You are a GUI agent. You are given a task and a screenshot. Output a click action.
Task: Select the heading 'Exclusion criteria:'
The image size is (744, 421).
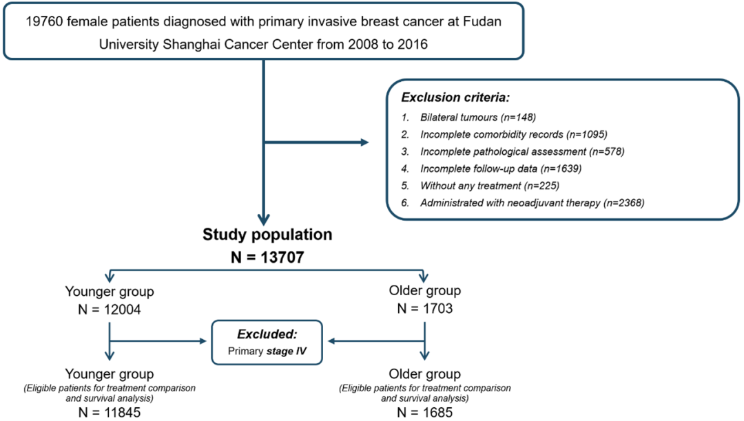coord(455,98)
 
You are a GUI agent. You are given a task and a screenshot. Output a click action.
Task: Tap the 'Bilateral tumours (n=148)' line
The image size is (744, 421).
coord(478,118)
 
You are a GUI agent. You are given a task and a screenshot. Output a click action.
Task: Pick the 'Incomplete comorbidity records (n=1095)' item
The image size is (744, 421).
coord(514,135)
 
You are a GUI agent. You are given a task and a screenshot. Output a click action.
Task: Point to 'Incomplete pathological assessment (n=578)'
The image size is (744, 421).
coord(522,151)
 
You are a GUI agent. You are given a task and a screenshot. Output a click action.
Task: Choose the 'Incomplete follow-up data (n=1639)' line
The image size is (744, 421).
coord(501,169)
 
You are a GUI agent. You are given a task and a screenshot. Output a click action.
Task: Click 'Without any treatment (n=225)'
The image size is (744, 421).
coord(490,186)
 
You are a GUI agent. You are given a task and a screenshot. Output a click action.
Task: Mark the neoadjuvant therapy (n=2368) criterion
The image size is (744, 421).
coord(533,203)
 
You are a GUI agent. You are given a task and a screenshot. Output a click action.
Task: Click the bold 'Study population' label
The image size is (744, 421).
coord(267,235)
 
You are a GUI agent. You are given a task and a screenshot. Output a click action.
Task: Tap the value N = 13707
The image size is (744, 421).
coord(267,257)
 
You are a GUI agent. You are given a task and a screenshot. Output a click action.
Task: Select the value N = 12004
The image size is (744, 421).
coord(110,310)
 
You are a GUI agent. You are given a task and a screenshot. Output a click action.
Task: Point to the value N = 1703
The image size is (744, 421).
coord(424,309)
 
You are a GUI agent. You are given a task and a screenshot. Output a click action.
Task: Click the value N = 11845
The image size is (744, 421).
coord(110,413)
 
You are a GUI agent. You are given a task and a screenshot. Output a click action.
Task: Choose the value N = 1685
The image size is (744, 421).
coord(424,413)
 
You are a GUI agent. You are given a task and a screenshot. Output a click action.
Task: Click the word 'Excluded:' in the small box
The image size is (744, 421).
coord(267,334)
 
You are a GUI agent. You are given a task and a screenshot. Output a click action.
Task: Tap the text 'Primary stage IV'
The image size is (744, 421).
coord(267,352)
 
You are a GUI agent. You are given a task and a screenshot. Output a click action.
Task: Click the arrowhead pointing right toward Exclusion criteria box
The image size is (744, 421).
coord(364,142)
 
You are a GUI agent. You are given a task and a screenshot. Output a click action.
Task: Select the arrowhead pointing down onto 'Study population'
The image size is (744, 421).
coord(263,219)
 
